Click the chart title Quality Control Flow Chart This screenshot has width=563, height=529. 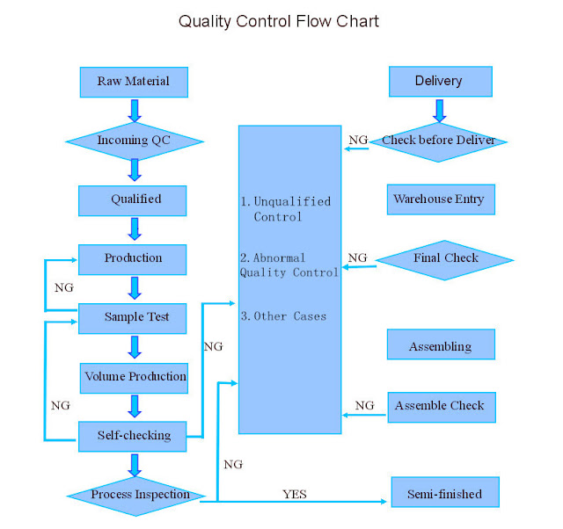pos(279,20)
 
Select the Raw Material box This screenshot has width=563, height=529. pos(133,82)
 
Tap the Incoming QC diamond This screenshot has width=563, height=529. pos(135,141)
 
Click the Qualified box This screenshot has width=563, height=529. pos(133,199)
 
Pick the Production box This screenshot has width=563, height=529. pos(133,258)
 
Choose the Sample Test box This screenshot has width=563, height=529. pos(133,317)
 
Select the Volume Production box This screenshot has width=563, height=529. pos(135,377)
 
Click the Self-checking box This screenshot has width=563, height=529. pos(133,436)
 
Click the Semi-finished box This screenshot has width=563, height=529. pos(443,494)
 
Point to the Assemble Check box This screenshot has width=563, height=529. pos(440,406)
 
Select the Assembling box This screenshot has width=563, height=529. pos(440,346)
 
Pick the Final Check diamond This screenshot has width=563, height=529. pos(445,258)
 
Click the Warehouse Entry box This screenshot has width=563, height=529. pos(439,199)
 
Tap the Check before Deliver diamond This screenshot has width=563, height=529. pos(438,141)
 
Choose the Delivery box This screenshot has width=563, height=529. pos(439,81)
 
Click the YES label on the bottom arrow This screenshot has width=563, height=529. pos(295,495)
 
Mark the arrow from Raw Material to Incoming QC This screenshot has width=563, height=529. pos(134,110)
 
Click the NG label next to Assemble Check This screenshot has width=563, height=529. pos(364,406)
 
